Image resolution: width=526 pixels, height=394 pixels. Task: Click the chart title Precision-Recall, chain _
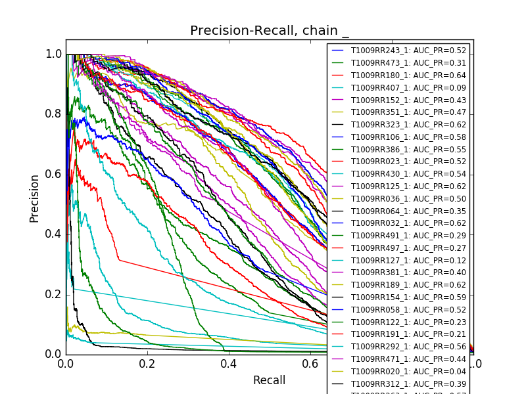coord(270,31)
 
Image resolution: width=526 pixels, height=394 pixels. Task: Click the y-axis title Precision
coord(34,198)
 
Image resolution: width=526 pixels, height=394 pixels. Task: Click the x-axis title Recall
coord(270,380)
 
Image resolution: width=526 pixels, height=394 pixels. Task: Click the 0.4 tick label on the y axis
coord(54,234)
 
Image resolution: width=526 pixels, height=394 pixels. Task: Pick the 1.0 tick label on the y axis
coord(54,54)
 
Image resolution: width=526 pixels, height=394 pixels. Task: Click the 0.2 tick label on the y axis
coord(54,294)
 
